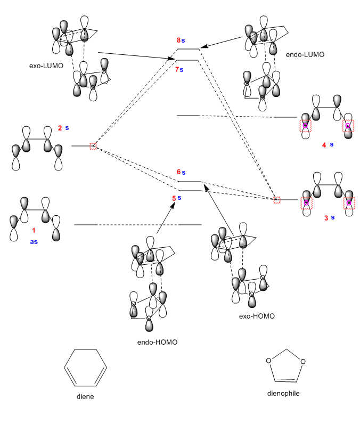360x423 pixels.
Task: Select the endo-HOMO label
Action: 157,342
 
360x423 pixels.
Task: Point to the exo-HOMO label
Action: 257,316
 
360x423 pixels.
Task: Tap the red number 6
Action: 178,172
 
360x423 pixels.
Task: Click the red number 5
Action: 173,198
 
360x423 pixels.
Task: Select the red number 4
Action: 324,144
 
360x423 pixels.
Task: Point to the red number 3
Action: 324,217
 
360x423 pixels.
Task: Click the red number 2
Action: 60,128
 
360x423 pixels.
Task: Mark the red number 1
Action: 34,230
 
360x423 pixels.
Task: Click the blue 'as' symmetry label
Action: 34,241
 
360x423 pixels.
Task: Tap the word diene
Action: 85,397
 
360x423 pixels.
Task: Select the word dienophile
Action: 285,394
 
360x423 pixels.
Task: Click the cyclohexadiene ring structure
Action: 85,368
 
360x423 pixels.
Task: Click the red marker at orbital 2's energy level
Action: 93,145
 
